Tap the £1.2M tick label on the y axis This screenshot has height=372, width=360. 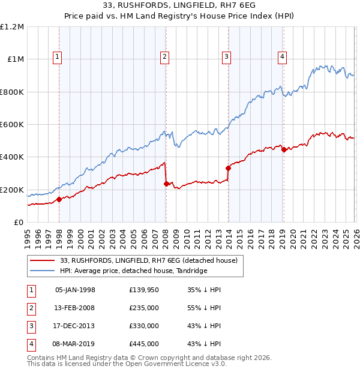[x=12, y=27]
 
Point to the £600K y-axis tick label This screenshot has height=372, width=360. [x=12, y=125]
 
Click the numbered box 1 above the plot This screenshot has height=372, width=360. [x=57, y=58]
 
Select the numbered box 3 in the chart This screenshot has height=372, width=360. [x=226, y=58]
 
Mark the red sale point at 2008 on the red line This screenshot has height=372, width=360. [x=166, y=184]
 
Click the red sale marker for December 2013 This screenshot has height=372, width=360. [x=228, y=169]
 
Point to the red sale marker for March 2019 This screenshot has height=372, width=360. [x=284, y=150]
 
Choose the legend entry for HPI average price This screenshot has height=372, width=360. [x=133, y=271]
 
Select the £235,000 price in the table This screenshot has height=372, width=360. [x=144, y=308]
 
